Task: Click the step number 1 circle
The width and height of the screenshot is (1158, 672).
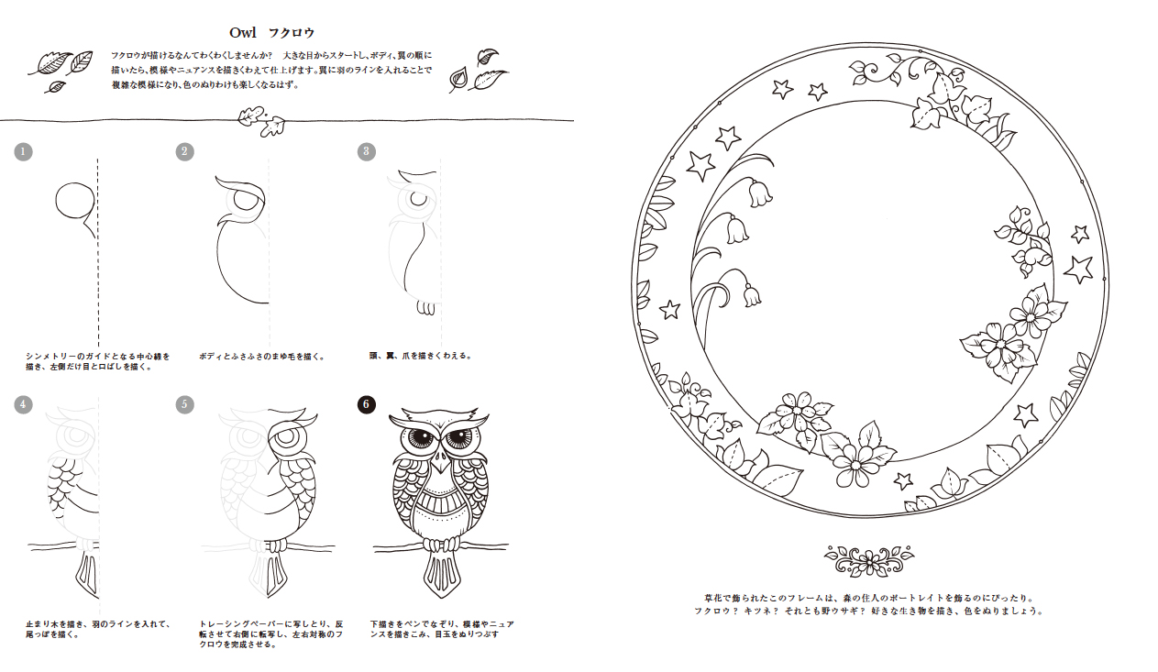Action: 23,151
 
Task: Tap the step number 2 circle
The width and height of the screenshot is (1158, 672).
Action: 184,151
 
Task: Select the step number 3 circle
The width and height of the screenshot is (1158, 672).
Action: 367,151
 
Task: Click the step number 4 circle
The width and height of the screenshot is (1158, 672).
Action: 23,404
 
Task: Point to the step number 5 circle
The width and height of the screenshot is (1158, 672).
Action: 184,404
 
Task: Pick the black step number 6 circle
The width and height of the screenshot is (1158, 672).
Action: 367,404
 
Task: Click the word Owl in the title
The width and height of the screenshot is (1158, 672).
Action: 242,33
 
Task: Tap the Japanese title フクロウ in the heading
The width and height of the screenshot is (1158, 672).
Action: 292,33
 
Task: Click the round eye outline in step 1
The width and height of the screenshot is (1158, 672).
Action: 75,202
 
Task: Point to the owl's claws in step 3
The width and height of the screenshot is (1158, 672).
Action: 426,308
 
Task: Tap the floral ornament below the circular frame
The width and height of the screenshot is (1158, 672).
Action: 869,560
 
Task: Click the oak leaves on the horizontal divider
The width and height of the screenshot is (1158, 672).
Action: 261,122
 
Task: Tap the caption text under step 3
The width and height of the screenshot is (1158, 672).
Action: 420,356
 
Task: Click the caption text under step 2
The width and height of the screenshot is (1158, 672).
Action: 261,356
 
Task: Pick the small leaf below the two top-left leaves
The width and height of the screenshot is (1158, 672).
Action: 55,87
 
